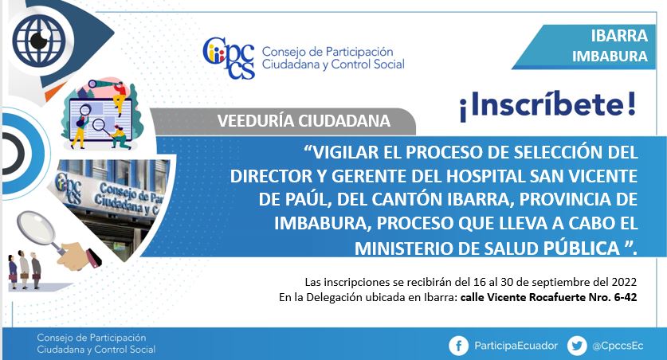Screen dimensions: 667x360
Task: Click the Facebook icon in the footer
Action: coord(458,346)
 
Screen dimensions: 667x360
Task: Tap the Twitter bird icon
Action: coord(577,346)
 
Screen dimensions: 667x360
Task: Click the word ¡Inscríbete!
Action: coord(547,105)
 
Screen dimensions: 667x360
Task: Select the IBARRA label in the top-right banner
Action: coord(619,36)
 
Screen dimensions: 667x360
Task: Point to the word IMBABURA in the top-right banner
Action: coord(610,56)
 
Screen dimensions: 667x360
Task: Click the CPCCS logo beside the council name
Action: coord(229,58)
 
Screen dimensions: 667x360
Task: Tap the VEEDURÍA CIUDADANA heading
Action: coord(304,121)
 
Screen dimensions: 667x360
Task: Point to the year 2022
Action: coord(624,282)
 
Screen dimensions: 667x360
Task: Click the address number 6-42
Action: coord(626,297)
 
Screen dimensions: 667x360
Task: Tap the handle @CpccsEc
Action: coord(618,346)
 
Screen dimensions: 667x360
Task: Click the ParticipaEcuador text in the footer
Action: coord(516,346)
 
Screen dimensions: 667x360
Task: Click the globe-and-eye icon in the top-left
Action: coord(37,40)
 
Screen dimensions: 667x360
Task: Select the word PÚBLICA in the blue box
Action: coord(582,248)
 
